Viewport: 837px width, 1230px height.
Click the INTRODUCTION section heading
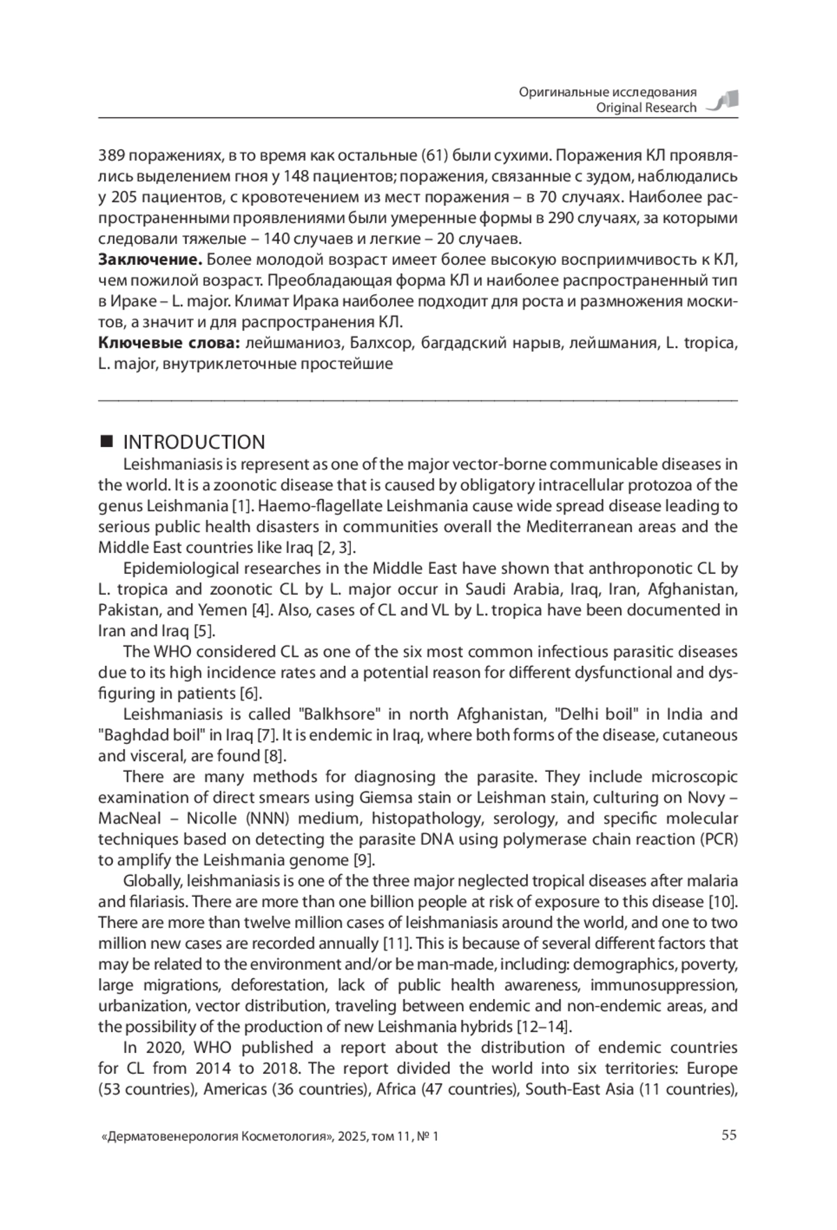(194, 442)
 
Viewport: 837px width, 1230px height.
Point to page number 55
(729, 1134)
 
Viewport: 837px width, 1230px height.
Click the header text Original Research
(646, 107)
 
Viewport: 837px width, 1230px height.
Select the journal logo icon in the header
(723, 101)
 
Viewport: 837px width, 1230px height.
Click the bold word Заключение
(150, 260)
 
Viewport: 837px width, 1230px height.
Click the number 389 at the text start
(112, 155)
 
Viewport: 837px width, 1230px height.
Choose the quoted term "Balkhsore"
(338, 714)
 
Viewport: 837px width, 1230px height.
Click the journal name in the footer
(216, 1137)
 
